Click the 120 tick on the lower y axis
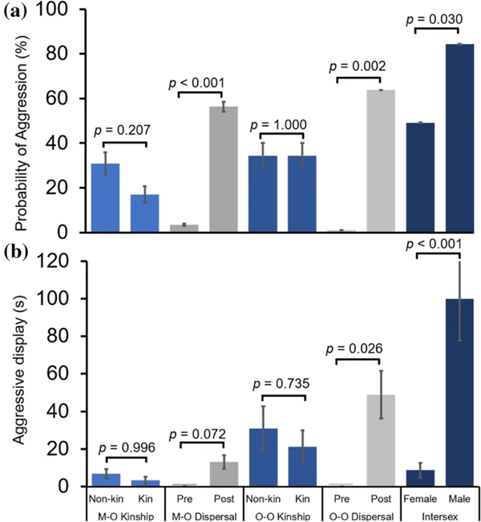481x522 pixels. (x=67, y=261)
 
